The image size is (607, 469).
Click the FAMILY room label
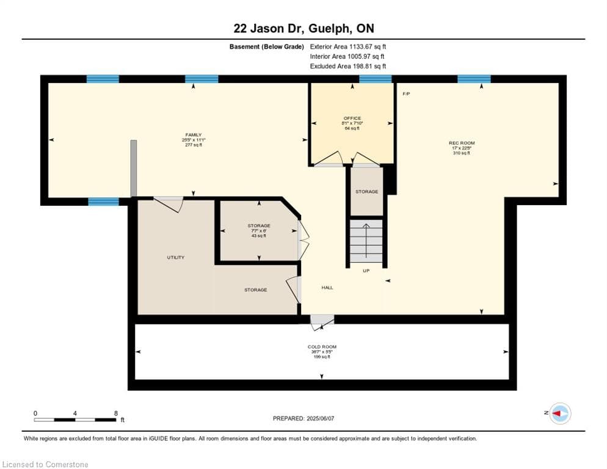[x=194, y=135]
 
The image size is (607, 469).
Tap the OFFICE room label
[x=352, y=118]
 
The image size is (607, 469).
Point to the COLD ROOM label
[x=322, y=347]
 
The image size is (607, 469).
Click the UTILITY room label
[x=176, y=258]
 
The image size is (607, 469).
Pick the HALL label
[x=327, y=288]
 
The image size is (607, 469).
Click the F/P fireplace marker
[x=406, y=94]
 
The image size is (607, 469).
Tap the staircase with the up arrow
[x=366, y=242]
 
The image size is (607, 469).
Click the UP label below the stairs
[x=366, y=271]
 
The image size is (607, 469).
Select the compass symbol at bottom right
[x=559, y=413]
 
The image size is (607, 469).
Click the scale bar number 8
[x=115, y=413]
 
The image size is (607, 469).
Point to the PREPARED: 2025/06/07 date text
[x=305, y=418]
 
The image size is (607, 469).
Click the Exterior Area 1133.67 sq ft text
[x=348, y=46]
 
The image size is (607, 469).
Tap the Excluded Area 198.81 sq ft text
[x=348, y=66]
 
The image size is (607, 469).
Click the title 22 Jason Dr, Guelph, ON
[x=303, y=28]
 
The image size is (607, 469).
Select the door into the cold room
[x=321, y=321]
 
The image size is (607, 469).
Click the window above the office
[x=375, y=79]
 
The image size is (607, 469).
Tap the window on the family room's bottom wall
[x=103, y=202]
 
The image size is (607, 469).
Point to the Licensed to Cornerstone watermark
[x=46, y=465]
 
